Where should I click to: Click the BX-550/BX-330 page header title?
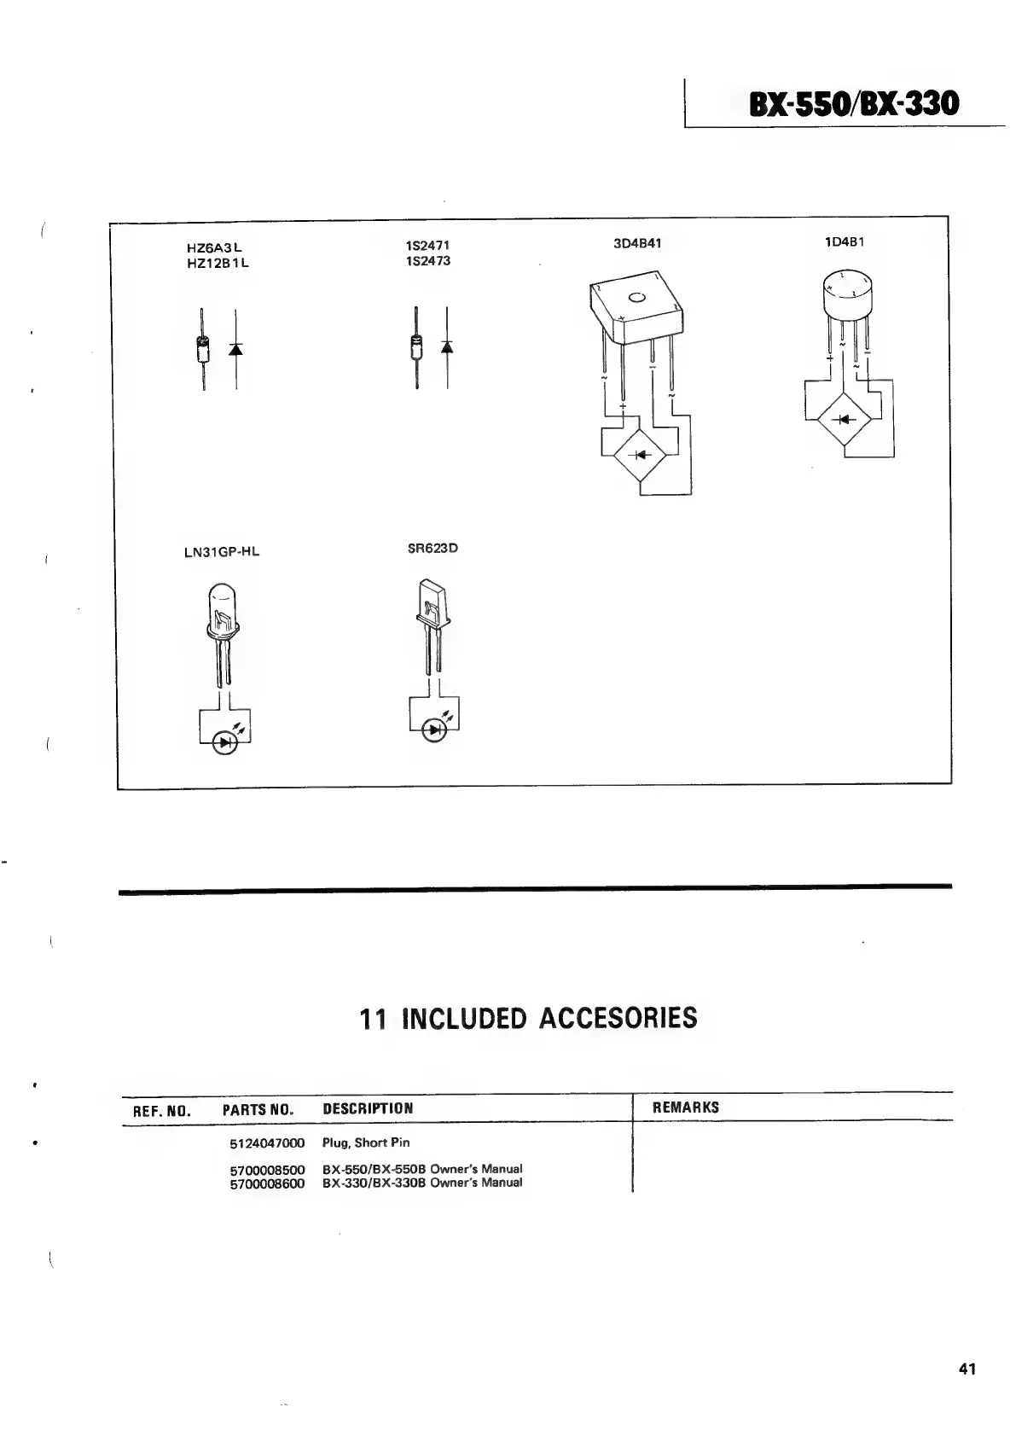[x=853, y=103]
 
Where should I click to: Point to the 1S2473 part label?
[x=428, y=260]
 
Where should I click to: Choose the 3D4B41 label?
[x=637, y=243]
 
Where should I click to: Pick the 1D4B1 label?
[x=845, y=241]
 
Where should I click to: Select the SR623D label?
[x=433, y=548]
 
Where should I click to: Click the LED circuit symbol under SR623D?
[x=436, y=730]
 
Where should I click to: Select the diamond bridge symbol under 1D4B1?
[x=844, y=419]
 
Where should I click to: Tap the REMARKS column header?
[x=685, y=1108]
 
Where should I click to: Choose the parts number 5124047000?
[x=267, y=1142]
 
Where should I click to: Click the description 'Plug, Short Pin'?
[x=366, y=1142]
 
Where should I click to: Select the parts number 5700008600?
[x=267, y=1183]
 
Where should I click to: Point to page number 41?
[x=967, y=1369]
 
